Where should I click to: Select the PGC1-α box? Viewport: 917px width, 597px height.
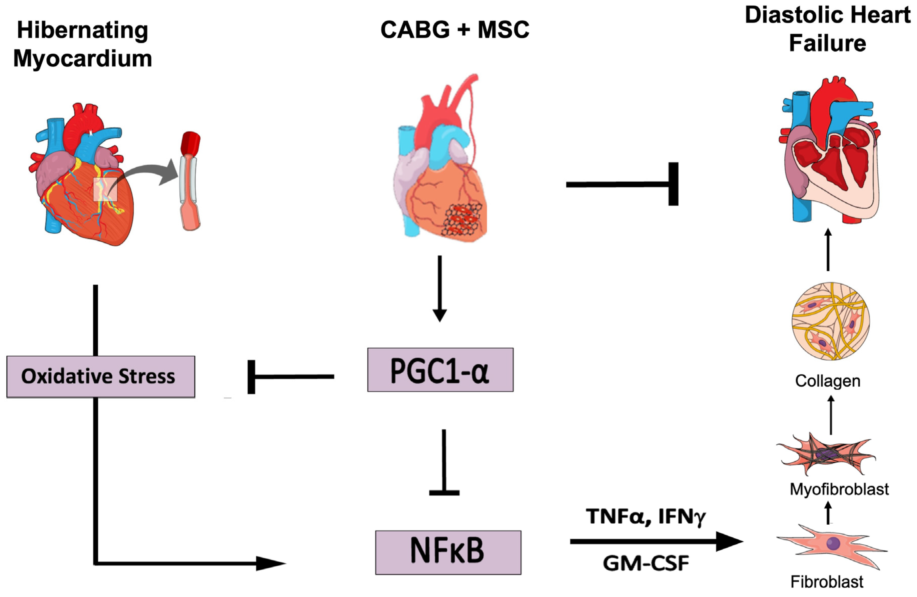point(440,370)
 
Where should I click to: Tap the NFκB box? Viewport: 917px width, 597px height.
point(448,552)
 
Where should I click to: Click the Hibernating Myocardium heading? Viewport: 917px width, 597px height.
point(82,44)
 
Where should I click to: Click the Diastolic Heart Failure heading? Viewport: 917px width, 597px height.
point(828,29)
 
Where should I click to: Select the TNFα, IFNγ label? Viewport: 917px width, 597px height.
point(646,517)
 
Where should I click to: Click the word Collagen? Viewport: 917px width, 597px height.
point(828,381)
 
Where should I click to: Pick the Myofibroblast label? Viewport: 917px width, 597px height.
point(839,489)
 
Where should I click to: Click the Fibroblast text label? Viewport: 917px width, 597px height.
point(827,582)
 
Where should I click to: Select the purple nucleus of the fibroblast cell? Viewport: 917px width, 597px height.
point(833,543)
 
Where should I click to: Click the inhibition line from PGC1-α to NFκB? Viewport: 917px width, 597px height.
point(444,462)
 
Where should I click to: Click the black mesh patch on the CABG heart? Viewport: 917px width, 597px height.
point(462,218)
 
